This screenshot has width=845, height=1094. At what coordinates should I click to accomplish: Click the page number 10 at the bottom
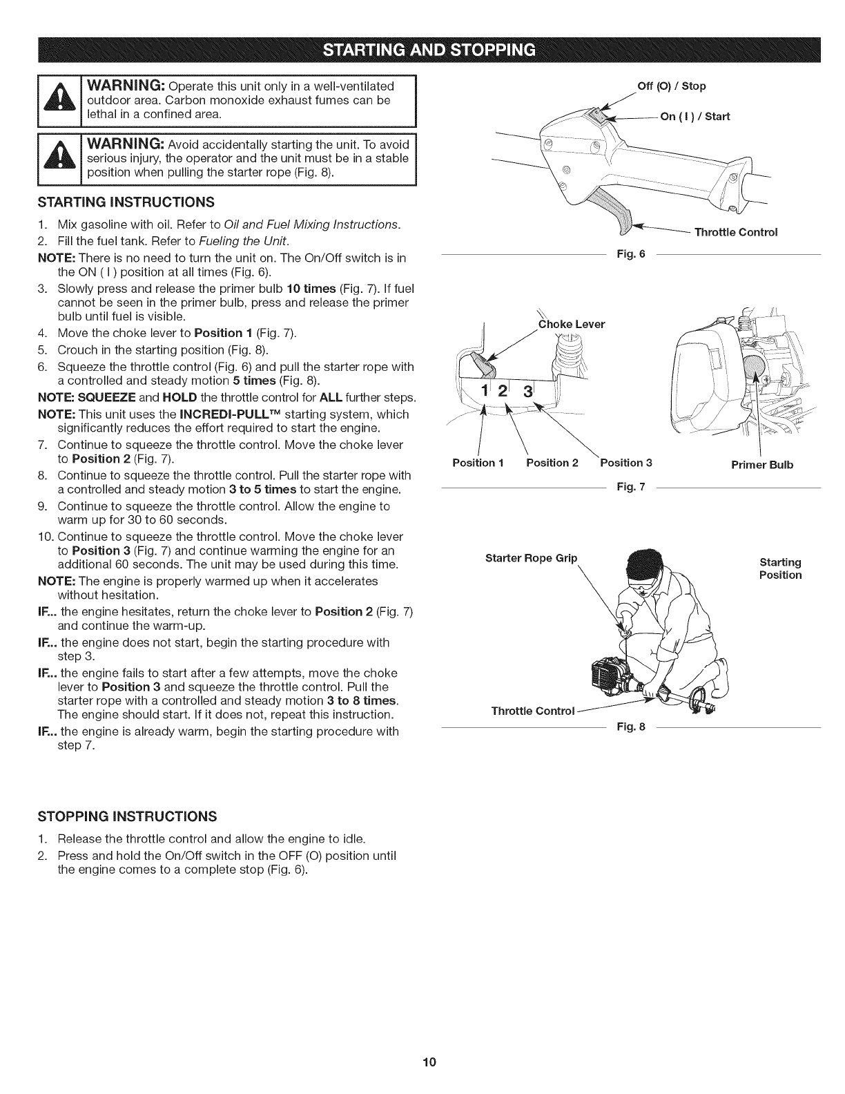[422, 1062]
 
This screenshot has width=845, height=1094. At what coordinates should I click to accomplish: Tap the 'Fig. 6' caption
[631, 254]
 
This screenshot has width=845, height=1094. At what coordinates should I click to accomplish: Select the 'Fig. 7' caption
[631, 488]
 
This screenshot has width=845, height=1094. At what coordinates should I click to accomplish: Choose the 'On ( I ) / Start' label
[695, 116]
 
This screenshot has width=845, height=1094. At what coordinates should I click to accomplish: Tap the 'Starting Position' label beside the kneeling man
[780, 568]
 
